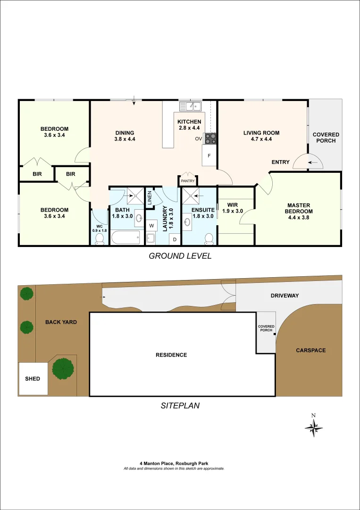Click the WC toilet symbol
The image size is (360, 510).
click(99, 240)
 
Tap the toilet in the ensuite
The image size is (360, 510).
click(209, 239)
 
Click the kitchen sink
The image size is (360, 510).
click(193, 106)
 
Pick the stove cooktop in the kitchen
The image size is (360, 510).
click(210, 138)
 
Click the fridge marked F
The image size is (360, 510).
click(209, 155)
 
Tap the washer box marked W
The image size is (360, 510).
click(151, 226)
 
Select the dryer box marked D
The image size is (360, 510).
click(174, 239)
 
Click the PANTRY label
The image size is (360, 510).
click(187, 181)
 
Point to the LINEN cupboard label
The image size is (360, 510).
click(149, 195)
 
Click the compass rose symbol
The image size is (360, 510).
click(314, 428)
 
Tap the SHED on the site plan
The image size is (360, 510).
click(33, 379)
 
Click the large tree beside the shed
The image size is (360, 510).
click(62, 369)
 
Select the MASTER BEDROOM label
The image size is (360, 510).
click(299, 208)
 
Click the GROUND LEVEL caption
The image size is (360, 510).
click(180, 256)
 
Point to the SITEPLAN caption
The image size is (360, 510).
click(180, 405)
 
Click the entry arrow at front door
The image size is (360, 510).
click(313, 162)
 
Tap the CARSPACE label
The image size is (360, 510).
click(310, 350)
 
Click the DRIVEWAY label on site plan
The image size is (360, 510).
click(285, 296)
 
